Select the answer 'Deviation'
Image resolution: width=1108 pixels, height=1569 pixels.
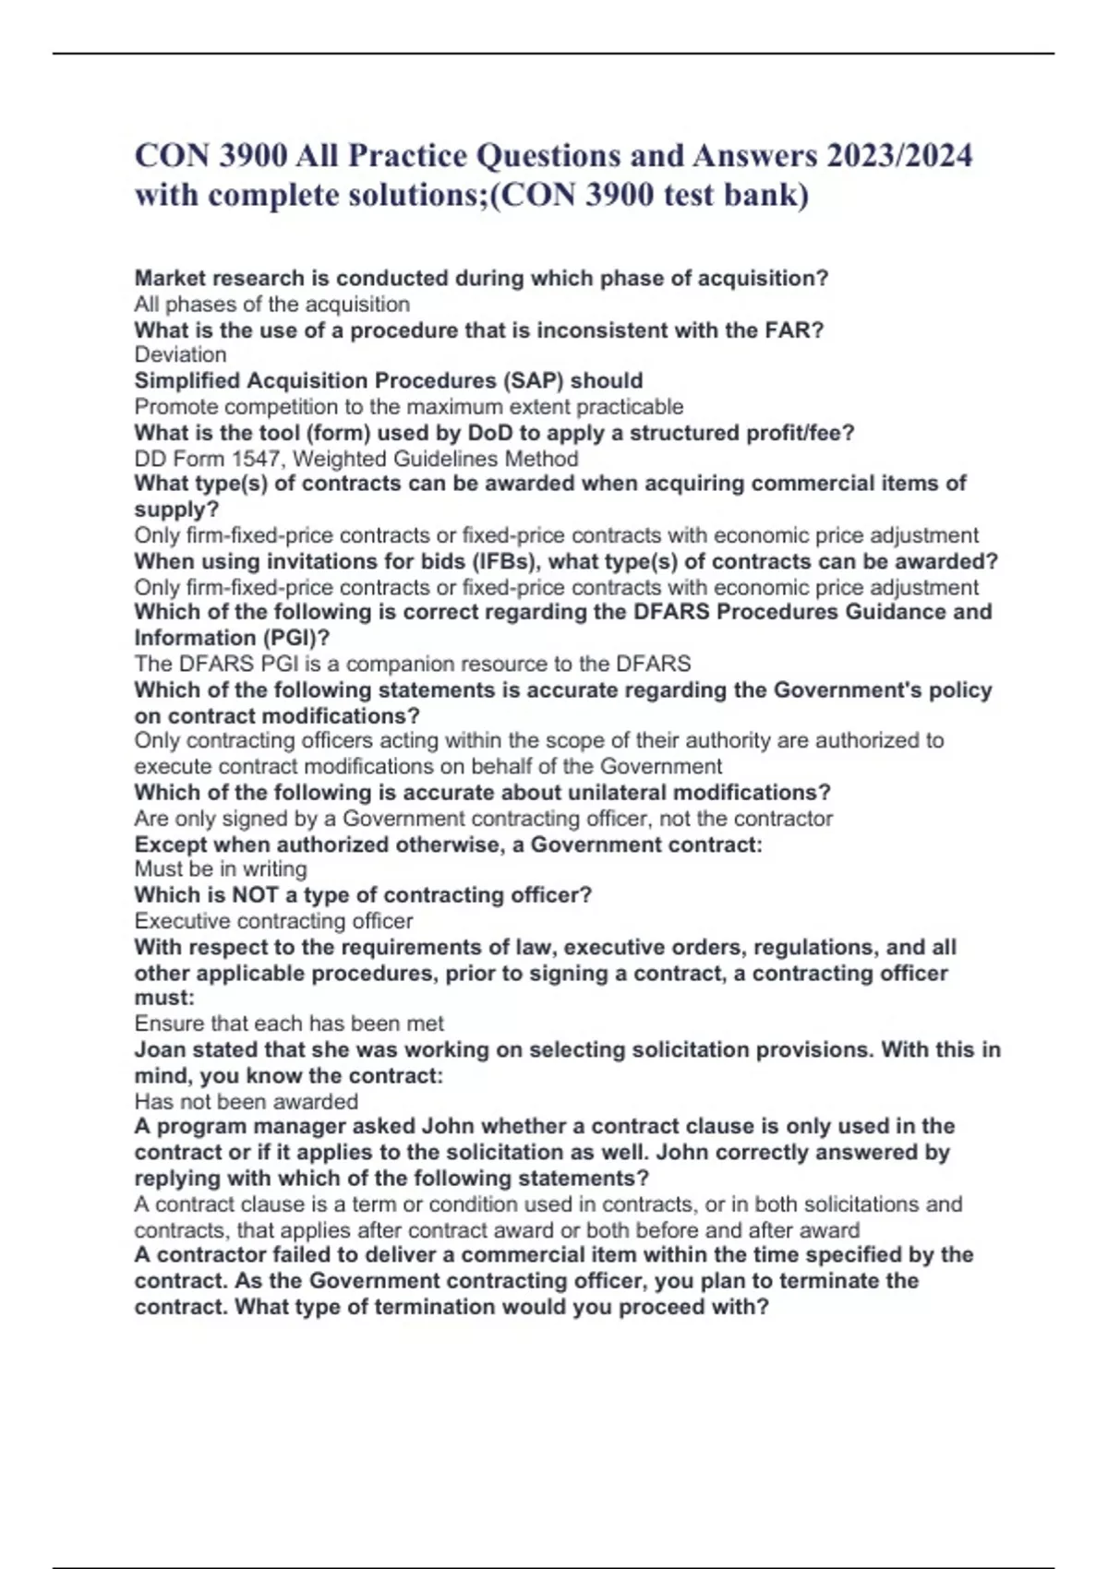[180, 355]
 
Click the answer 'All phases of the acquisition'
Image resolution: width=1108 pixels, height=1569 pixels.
[272, 305]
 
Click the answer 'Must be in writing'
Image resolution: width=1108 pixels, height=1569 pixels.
[221, 869]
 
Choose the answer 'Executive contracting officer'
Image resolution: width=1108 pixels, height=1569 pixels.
[273, 921]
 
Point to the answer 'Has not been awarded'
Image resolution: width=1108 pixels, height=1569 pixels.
[246, 1102]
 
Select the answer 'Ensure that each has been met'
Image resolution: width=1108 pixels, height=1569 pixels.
[289, 1024]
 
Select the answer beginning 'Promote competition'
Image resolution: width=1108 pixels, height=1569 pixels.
[409, 407]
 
